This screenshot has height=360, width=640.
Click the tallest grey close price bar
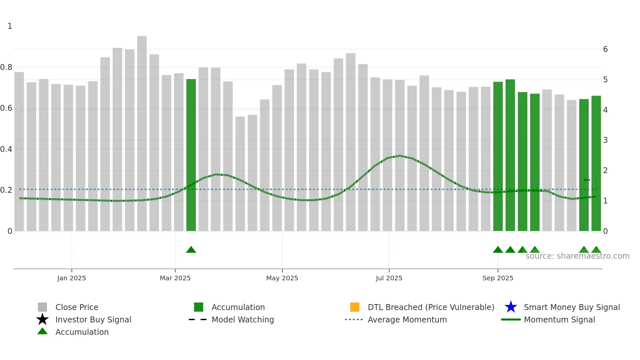(x=142, y=131)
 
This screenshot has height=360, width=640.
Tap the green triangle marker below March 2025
(x=191, y=250)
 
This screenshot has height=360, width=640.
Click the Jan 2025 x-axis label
(x=72, y=278)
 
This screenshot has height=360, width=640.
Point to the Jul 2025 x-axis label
(x=389, y=278)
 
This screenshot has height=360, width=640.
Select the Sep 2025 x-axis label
(x=498, y=278)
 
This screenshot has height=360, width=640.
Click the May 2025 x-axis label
(x=282, y=278)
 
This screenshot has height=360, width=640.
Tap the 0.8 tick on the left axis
(x=6, y=67)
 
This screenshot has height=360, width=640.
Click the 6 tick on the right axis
(x=605, y=49)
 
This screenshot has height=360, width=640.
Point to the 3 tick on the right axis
(x=605, y=140)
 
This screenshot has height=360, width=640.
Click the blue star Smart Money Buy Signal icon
(x=511, y=307)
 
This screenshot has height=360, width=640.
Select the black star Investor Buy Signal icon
(x=42, y=319)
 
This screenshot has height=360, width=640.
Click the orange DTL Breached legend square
(x=355, y=307)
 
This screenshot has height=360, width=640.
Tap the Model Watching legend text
(x=243, y=319)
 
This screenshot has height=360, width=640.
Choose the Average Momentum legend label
(x=407, y=319)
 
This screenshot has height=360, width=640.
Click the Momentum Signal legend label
(x=559, y=319)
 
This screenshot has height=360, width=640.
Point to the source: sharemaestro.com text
(x=577, y=256)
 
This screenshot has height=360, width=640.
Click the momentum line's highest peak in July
(x=400, y=155)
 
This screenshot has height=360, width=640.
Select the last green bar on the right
(x=596, y=163)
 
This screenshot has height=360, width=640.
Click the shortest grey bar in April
(x=240, y=173)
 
